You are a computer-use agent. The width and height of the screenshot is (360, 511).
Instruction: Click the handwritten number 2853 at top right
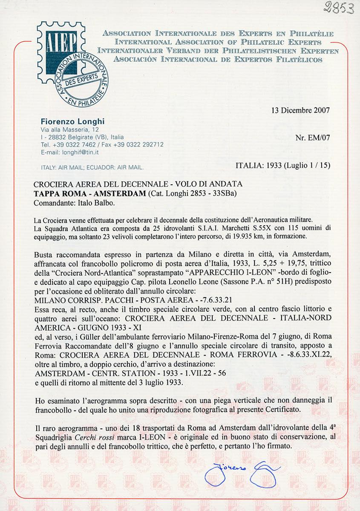338,7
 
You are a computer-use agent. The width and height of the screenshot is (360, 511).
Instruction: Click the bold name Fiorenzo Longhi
72,121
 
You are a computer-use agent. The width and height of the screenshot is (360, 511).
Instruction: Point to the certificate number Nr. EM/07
312,138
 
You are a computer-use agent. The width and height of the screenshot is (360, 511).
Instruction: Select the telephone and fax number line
102,144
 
